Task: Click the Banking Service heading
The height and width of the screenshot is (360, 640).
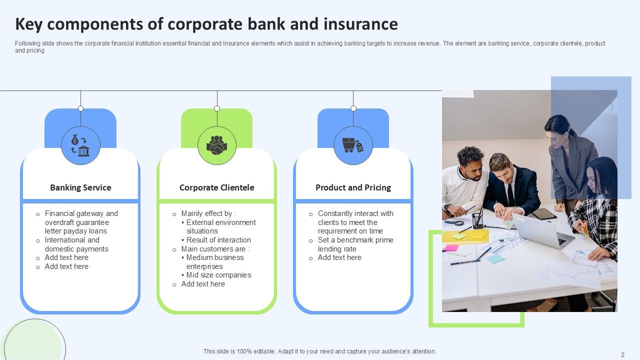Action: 80,187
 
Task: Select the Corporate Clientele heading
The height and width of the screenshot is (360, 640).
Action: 216,187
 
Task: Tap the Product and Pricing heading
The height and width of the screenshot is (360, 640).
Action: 353,187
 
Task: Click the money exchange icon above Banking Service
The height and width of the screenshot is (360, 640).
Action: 80,145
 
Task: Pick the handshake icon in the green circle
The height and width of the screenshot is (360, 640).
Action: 216,145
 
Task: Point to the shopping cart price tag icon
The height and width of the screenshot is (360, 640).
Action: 353,145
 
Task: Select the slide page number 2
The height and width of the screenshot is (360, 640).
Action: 622,354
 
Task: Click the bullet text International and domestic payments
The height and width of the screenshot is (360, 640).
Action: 76,244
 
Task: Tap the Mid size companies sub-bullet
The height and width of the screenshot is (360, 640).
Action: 218,275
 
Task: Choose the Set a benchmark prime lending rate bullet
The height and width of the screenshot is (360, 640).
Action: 355,244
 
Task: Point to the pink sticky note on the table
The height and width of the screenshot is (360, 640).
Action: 450,247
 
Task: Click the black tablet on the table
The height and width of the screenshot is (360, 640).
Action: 543,214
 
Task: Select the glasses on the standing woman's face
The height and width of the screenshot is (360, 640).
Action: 553,138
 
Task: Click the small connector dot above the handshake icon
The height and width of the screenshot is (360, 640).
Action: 217,108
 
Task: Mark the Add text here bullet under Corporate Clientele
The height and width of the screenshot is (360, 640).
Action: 203,284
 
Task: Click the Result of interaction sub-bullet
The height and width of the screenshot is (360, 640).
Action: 218,240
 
